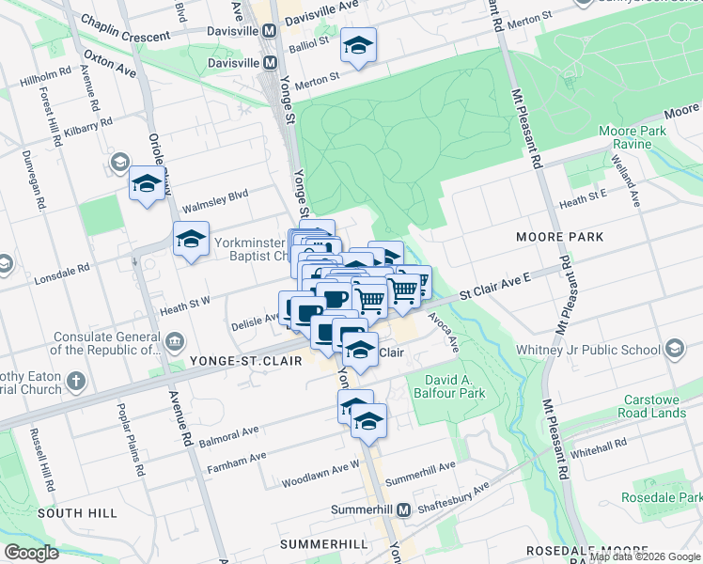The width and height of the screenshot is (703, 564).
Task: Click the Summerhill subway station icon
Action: tap(404, 510)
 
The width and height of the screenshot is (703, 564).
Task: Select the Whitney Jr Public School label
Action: tap(588, 350)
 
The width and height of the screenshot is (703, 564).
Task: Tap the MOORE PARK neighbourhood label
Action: tap(559, 237)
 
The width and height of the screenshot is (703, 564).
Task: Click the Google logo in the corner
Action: tap(31, 552)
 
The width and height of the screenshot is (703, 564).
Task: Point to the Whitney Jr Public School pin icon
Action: tap(674, 350)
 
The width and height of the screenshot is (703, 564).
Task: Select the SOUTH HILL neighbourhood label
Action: tap(77, 513)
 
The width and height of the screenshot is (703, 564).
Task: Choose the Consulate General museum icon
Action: tap(176, 338)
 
